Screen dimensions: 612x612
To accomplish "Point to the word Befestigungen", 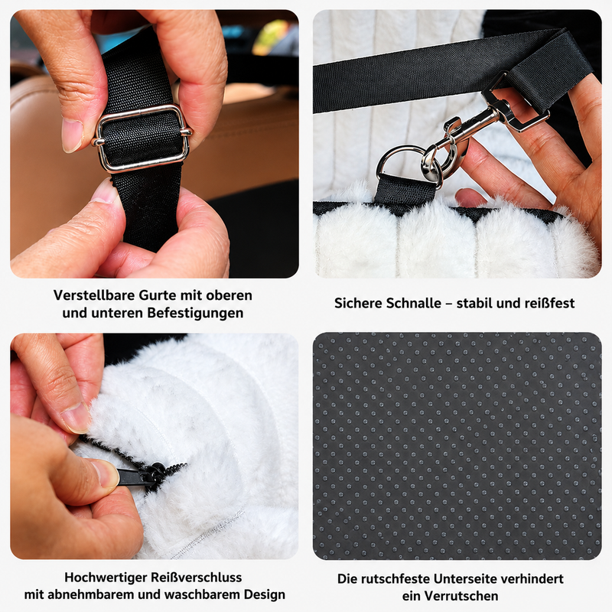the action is click(x=195, y=313).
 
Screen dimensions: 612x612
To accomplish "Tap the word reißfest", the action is click(x=545, y=303).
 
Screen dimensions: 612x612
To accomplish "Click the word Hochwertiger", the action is click(x=106, y=578).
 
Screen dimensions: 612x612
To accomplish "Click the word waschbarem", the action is click(x=204, y=595).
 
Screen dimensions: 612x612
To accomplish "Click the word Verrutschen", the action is click(x=461, y=597).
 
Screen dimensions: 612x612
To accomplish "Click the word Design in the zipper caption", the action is click(x=265, y=595).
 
